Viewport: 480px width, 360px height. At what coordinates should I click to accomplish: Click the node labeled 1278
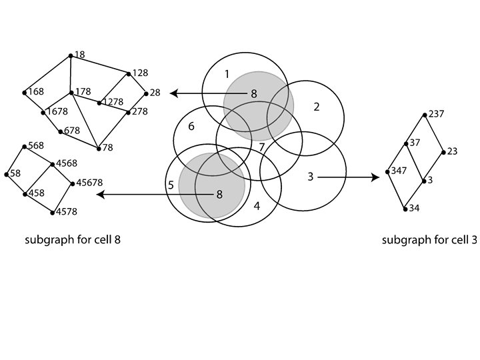[99, 103]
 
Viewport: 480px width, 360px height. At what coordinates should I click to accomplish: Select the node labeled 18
[71, 55]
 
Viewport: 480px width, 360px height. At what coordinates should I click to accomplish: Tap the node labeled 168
[24, 92]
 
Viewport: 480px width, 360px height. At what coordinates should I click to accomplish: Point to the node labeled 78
[99, 147]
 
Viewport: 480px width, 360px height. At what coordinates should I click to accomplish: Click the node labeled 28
[145, 93]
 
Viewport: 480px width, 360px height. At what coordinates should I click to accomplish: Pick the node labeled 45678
[72, 183]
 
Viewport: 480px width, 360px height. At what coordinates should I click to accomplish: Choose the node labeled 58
[7, 175]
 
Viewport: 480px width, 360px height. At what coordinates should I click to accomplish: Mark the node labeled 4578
[53, 213]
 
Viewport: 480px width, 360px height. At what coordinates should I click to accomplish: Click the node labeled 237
[425, 114]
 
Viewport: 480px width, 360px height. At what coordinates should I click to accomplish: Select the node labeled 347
[387, 172]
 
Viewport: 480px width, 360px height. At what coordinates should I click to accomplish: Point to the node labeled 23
[443, 152]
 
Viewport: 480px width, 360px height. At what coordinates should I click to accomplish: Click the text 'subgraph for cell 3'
[429, 240]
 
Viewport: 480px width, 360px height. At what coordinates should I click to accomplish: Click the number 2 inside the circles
[317, 107]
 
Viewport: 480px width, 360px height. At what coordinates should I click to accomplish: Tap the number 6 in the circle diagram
[191, 126]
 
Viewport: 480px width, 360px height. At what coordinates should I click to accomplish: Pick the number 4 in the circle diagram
[257, 205]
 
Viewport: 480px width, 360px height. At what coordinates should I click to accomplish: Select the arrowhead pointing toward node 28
[173, 94]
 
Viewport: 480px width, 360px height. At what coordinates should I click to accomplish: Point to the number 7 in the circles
[262, 147]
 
